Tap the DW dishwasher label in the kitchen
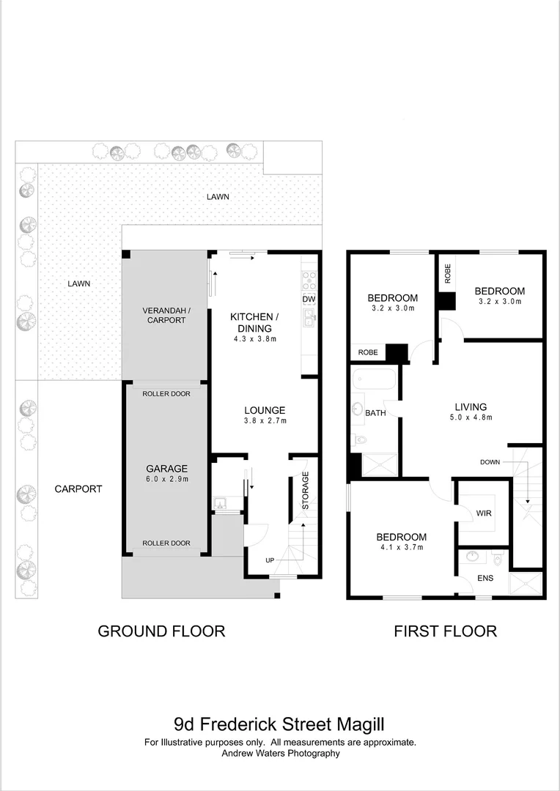pyautogui.click(x=309, y=299)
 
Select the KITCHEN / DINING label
pyautogui.click(x=254, y=322)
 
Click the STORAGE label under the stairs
pyautogui.click(x=306, y=491)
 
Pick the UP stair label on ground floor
pyautogui.click(x=270, y=560)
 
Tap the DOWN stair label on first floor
pyautogui.click(x=490, y=461)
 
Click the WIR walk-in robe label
pyautogui.click(x=483, y=513)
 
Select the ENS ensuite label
pyautogui.click(x=485, y=579)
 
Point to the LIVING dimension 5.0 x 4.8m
pyautogui.click(x=471, y=418)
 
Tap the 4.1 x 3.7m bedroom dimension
pyautogui.click(x=402, y=546)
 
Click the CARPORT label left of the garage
pyautogui.click(x=78, y=489)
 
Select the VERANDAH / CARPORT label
pyautogui.click(x=166, y=315)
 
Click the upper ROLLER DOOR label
pyautogui.click(x=166, y=394)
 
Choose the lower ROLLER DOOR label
pyautogui.click(x=166, y=543)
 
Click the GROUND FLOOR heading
pyautogui.click(x=161, y=631)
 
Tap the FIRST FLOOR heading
pyautogui.click(x=445, y=631)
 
